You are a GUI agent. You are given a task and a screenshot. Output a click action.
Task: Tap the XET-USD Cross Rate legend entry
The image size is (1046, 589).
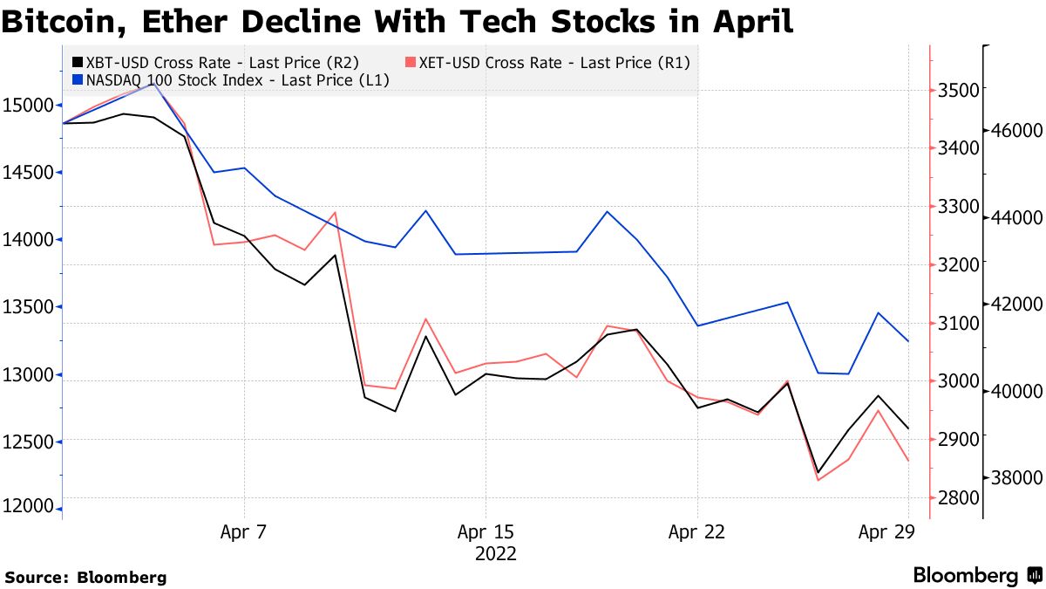click(549, 63)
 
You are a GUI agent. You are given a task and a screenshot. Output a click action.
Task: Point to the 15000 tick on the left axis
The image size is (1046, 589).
click(29, 105)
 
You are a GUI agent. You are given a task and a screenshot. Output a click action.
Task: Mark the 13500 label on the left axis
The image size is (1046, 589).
click(29, 307)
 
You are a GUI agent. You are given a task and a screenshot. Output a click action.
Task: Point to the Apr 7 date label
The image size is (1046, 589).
click(244, 531)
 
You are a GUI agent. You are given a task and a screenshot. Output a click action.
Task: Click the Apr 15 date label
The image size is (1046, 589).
click(486, 531)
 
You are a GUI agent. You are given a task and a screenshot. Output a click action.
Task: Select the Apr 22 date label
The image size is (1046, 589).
click(697, 531)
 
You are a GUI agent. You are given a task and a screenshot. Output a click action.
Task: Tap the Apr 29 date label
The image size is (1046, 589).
click(886, 531)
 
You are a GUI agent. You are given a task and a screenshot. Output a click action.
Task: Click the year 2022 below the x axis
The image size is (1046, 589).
click(495, 554)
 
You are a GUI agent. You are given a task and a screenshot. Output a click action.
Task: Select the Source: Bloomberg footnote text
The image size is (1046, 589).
click(85, 577)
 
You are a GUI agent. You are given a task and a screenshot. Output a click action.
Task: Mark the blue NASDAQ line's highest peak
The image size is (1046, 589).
click(153, 85)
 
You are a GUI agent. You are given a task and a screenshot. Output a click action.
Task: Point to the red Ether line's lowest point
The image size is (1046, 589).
click(818, 480)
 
